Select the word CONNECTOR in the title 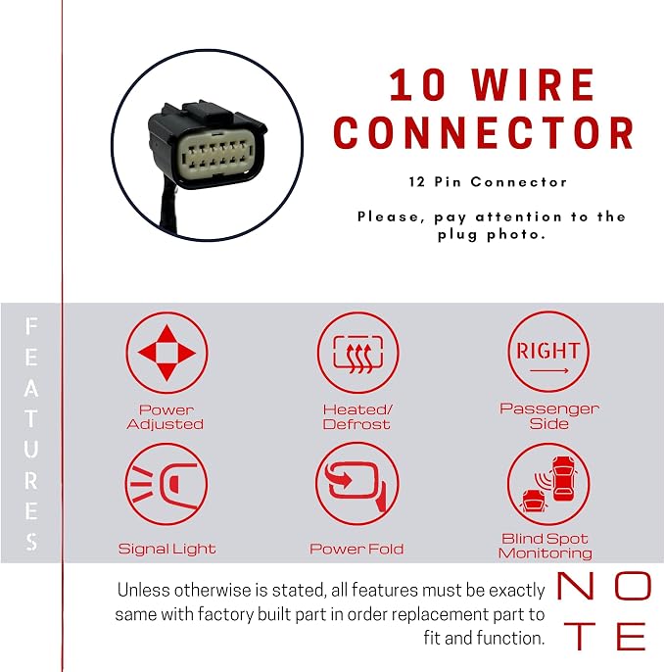point(484,132)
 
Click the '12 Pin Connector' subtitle point(488,182)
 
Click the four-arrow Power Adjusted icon point(166,353)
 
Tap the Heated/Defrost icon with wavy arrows point(357,353)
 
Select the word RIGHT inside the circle point(548,351)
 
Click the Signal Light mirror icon point(166,484)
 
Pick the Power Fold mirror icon point(357,484)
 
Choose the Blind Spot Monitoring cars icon point(548,484)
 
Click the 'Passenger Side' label point(549,416)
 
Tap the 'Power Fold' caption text point(356,549)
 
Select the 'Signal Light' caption point(166,549)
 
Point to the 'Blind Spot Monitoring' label point(545,546)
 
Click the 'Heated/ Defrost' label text point(357,416)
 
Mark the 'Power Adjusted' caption point(166,416)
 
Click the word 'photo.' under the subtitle point(516,235)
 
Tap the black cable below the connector point(168,205)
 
